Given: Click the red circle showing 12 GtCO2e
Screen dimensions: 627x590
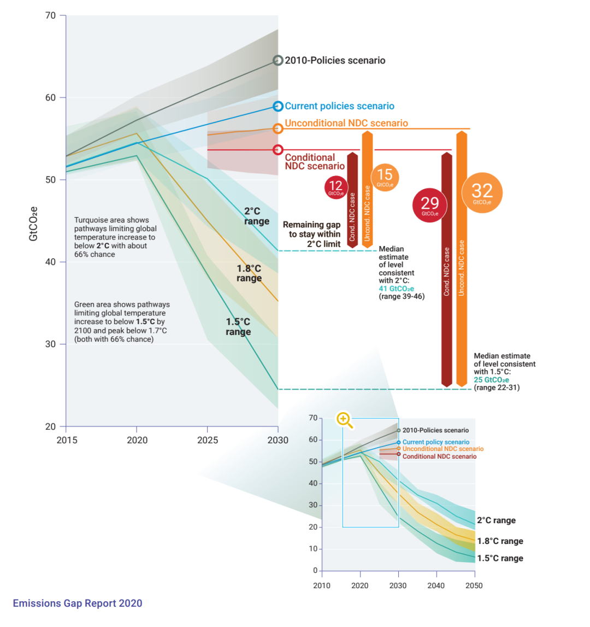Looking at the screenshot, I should pyautogui.click(x=335, y=187).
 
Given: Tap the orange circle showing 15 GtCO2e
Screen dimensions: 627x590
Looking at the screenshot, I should pyautogui.click(x=385, y=176).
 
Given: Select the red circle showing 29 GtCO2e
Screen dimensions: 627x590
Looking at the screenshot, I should pyautogui.click(x=430, y=205).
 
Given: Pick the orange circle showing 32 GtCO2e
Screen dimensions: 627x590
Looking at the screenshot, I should pyautogui.click(x=482, y=192).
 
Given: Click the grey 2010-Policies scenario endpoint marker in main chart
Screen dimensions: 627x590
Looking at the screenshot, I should pyautogui.click(x=278, y=61).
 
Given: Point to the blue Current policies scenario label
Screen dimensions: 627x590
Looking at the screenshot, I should pyautogui.click(x=339, y=106).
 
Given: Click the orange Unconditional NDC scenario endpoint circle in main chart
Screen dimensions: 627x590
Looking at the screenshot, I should pyautogui.click(x=278, y=128).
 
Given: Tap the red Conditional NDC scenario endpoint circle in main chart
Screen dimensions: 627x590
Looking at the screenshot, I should pyautogui.click(x=278, y=149).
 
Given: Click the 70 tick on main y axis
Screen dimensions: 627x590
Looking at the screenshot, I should pyautogui.click(x=50, y=15).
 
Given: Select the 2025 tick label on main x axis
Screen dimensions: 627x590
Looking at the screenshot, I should pyautogui.click(x=207, y=440).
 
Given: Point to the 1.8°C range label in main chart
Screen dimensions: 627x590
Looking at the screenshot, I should pyautogui.click(x=249, y=273).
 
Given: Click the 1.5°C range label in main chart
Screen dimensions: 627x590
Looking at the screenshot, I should pyautogui.click(x=238, y=327).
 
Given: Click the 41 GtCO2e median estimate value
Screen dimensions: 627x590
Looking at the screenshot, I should pyautogui.click(x=396, y=289).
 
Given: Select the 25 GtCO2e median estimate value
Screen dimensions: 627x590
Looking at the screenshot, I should pyautogui.click(x=491, y=380).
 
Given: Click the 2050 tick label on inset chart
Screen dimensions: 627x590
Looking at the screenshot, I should pyautogui.click(x=474, y=585).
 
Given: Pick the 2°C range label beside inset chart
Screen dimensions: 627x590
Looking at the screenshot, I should pyautogui.click(x=496, y=520).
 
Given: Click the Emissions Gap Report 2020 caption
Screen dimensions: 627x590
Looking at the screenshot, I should pyautogui.click(x=78, y=603).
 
